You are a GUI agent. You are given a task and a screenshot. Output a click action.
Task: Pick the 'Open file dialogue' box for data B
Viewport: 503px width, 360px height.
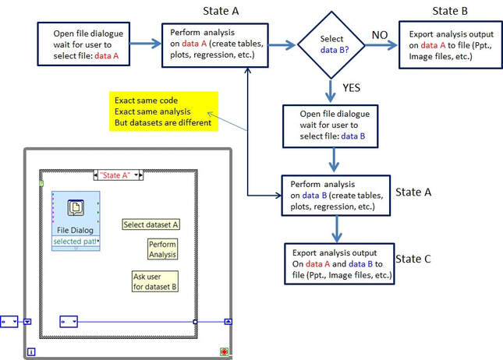point(335,124)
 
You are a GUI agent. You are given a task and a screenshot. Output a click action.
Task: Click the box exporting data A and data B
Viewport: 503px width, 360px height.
point(341,265)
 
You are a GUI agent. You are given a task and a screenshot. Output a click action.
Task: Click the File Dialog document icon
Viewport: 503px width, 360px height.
point(75,209)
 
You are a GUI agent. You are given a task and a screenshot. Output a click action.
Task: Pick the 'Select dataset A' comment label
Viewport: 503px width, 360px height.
point(151,224)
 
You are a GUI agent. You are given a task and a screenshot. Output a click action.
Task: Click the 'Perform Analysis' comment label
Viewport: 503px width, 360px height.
point(162,249)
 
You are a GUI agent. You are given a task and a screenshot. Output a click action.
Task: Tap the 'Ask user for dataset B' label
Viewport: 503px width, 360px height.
point(155,280)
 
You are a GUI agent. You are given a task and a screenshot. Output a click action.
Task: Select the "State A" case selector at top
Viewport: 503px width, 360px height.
point(118,175)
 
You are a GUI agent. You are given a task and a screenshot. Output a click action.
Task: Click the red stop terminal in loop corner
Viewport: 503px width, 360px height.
point(225,351)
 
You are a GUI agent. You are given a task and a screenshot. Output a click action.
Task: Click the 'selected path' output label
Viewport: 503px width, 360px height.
point(76,242)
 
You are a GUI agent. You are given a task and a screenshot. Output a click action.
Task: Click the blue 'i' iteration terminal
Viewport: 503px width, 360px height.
point(32,351)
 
